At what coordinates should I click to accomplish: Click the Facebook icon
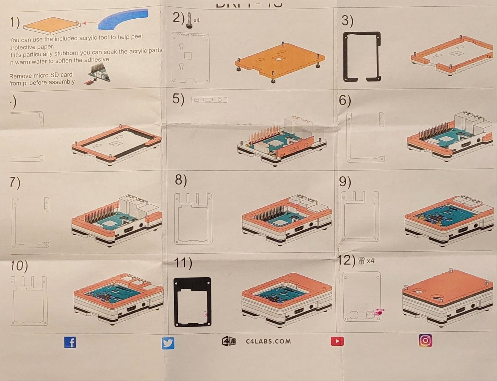click(70, 342)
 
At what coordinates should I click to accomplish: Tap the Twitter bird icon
click(168, 343)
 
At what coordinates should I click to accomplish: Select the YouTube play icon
click(337, 341)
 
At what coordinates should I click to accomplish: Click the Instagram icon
click(425, 340)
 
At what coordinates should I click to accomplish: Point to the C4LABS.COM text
click(268, 341)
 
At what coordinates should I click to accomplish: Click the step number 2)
click(178, 18)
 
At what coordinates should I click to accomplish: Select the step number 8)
click(181, 180)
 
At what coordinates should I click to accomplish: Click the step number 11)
click(183, 263)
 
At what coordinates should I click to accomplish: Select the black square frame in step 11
click(192, 302)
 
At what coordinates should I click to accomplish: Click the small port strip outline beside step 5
click(209, 100)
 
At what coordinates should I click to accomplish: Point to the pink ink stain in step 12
click(378, 312)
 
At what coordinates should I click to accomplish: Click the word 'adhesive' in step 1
click(97, 60)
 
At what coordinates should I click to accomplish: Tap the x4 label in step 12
click(370, 261)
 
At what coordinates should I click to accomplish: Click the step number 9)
click(345, 182)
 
